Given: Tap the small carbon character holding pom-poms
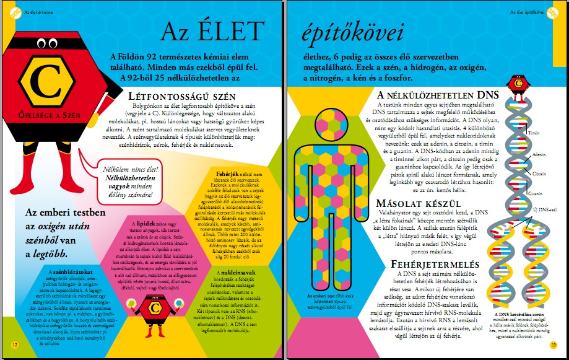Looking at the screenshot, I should (x=153, y=310).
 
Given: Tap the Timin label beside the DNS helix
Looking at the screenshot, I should (x=534, y=133).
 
